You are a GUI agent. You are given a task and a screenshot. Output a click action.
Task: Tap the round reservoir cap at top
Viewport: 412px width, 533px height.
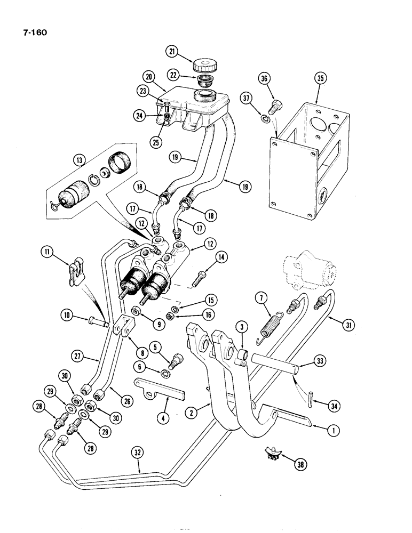[207, 66]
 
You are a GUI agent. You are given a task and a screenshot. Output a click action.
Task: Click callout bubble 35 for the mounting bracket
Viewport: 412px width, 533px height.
[320, 78]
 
